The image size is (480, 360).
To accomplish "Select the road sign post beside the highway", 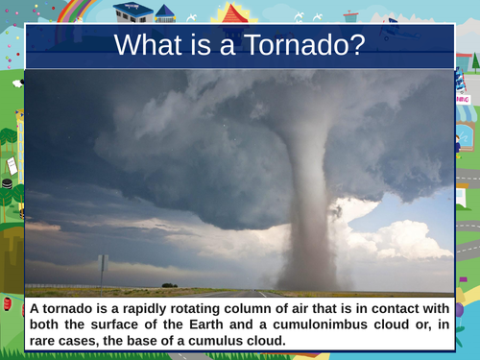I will click(103, 272).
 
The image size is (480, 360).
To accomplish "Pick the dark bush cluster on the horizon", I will click(169, 285).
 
